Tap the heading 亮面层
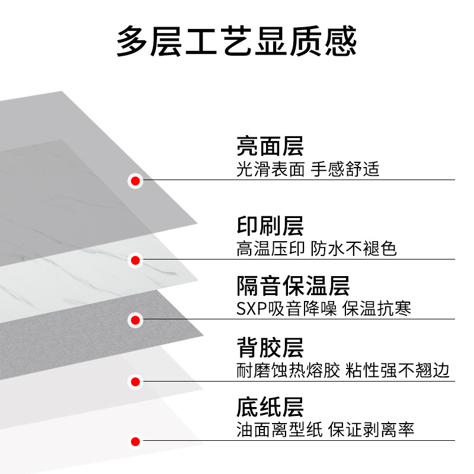pos(270,146)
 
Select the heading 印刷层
pos(270,226)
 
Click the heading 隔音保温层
pos(293,286)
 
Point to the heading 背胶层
pos(270,348)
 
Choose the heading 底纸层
pos(270,408)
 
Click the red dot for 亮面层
pos(136,181)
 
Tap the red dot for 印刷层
pos(136,260)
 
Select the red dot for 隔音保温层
pos(136,320)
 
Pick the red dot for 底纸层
pos(136,441)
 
